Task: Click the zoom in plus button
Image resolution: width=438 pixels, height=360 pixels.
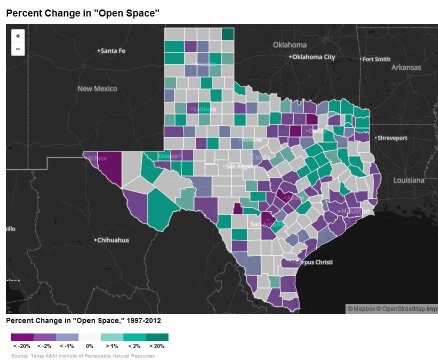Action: [x=18, y=36]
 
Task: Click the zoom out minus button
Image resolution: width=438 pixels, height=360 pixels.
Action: [x=18, y=49]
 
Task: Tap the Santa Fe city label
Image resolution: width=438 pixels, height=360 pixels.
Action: [x=112, y=51]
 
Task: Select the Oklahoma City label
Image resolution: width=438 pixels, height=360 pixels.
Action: [x=314, y=57]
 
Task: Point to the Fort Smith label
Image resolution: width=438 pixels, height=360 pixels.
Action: [x=376, y=59]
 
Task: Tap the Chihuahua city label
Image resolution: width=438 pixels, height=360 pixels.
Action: [x=113, y=240]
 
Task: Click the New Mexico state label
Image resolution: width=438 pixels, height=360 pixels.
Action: [x=97, y=88]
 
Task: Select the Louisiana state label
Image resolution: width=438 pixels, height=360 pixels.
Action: [x=408, y=180]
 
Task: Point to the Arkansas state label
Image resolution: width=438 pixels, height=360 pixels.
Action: [x=406, y=67]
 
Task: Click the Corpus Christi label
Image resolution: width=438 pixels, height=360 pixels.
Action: [x=313, y=262]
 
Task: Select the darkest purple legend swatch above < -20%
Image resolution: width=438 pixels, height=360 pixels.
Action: [x=22, y=337]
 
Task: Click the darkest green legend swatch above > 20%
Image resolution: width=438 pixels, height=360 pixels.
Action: [x=157, y=337]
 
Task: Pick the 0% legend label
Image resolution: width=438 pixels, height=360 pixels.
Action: [x=89, y=346]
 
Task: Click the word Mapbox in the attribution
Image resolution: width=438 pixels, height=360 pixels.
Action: [x=364, y=309]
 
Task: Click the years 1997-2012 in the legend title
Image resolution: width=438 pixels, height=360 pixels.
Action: [x=143, y=320]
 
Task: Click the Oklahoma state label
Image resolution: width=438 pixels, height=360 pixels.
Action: [x=289, y=45]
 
